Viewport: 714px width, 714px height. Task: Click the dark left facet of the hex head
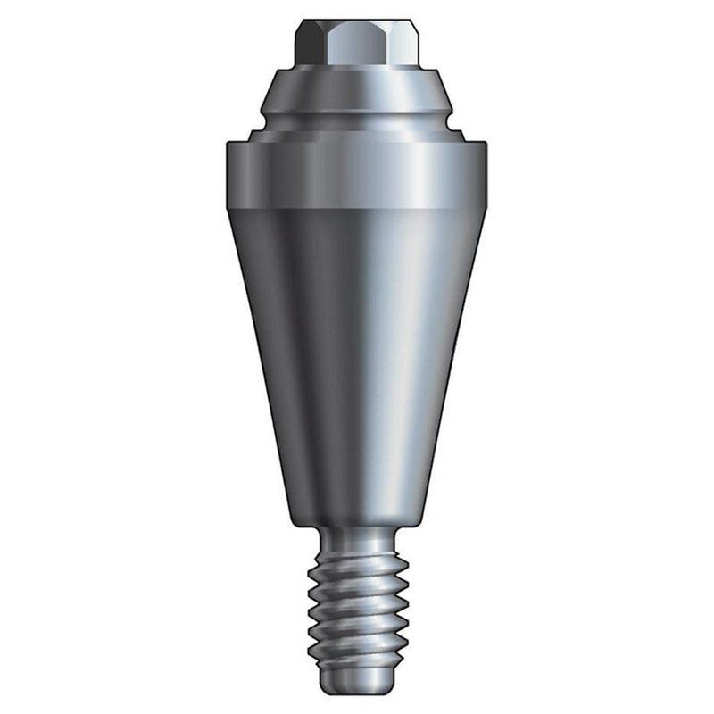pyautogui.click(x=309, y=43)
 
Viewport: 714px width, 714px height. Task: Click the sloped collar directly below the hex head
pyautogui.click(x=357, y=89)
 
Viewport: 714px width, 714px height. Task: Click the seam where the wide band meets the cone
pyautogui.click(x=357, y=207)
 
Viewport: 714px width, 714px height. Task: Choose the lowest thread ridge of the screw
pyautogui.click(x=357, y=656)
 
